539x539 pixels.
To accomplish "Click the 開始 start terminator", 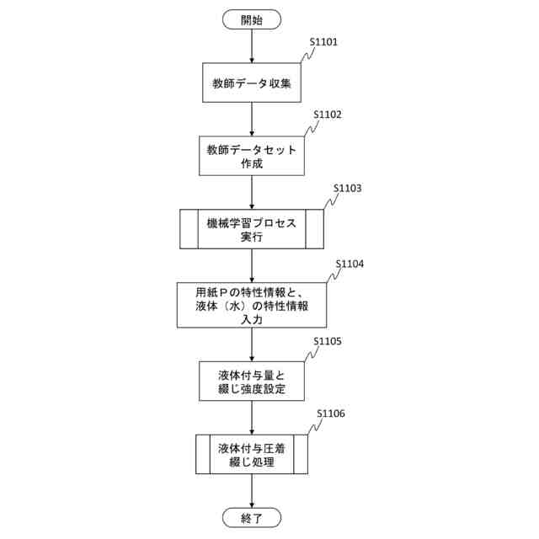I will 252,19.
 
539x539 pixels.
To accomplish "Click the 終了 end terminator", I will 252,517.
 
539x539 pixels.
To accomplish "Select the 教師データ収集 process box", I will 252,85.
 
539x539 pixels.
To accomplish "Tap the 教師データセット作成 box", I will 252,157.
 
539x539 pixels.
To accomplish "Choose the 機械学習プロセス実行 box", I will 252,229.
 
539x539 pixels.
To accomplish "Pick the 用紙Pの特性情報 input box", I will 252,305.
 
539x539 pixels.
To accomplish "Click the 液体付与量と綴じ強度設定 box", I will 252,381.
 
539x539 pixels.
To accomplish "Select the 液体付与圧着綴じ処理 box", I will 252,455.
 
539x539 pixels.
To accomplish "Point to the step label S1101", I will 324,40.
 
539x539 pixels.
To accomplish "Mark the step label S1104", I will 350,264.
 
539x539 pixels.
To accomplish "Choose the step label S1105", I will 328,341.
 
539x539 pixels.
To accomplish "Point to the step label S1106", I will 330,414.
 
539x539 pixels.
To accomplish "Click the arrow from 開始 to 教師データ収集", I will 252,46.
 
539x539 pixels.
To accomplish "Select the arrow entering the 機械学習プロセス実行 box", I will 252,193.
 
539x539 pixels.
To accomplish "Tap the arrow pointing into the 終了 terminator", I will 252,492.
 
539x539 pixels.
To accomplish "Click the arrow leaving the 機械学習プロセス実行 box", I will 252,266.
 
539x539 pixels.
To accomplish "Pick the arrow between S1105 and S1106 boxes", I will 252,417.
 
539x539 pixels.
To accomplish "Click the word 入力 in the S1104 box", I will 252,321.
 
